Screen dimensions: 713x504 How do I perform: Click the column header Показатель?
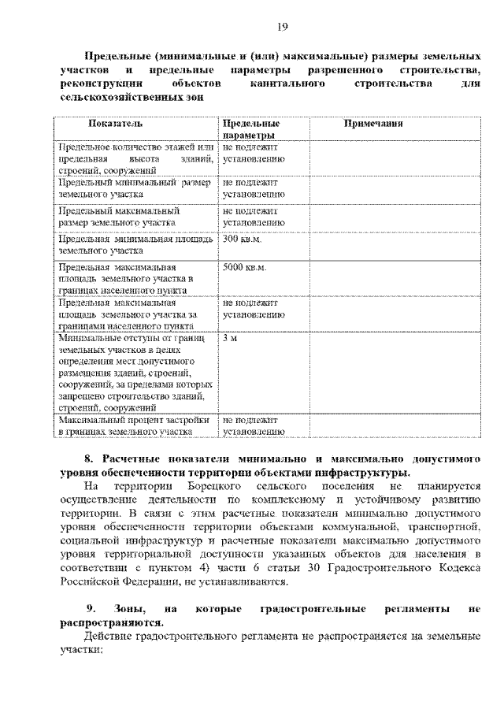tap(115, 124)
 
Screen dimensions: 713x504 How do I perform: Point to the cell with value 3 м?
tap(229, 338)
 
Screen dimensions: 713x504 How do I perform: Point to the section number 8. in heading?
tap(90, 459)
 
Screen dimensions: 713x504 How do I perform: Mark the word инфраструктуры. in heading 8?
tap(361, 473)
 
